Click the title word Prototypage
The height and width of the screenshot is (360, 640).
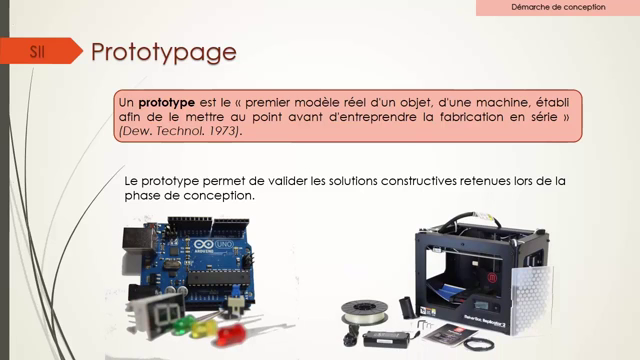coord(163,51)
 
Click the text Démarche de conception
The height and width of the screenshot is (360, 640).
coord(558,8)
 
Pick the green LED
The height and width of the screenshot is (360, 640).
coord(184,323)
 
